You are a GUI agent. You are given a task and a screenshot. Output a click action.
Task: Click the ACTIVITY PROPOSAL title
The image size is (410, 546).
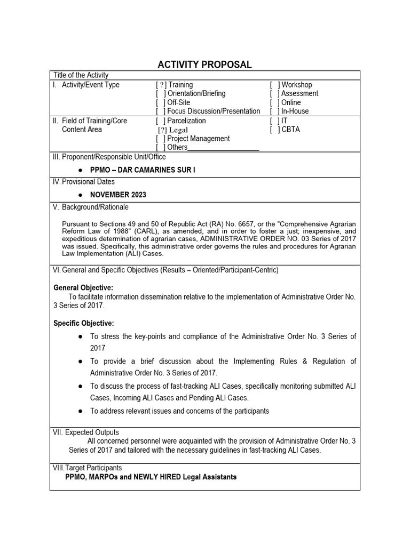204,65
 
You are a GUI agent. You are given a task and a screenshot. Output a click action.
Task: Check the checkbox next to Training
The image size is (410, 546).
161,85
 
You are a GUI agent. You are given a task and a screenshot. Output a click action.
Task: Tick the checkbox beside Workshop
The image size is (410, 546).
275,85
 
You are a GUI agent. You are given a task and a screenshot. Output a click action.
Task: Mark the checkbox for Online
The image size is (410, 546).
275,102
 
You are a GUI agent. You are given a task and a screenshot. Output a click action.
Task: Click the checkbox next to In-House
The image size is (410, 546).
275,111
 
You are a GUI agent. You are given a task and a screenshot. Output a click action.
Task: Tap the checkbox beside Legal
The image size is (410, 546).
162,130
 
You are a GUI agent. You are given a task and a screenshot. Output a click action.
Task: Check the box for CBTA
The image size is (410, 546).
275,130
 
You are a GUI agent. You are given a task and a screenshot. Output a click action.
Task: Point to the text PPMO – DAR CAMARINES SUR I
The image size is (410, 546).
139,170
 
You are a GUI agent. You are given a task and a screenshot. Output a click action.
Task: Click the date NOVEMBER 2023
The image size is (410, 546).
118,195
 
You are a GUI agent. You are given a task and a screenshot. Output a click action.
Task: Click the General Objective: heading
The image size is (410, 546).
83,288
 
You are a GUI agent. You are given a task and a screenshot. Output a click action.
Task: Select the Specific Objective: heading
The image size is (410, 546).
84,323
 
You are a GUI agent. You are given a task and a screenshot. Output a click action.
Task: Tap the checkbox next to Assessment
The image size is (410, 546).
275,94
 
